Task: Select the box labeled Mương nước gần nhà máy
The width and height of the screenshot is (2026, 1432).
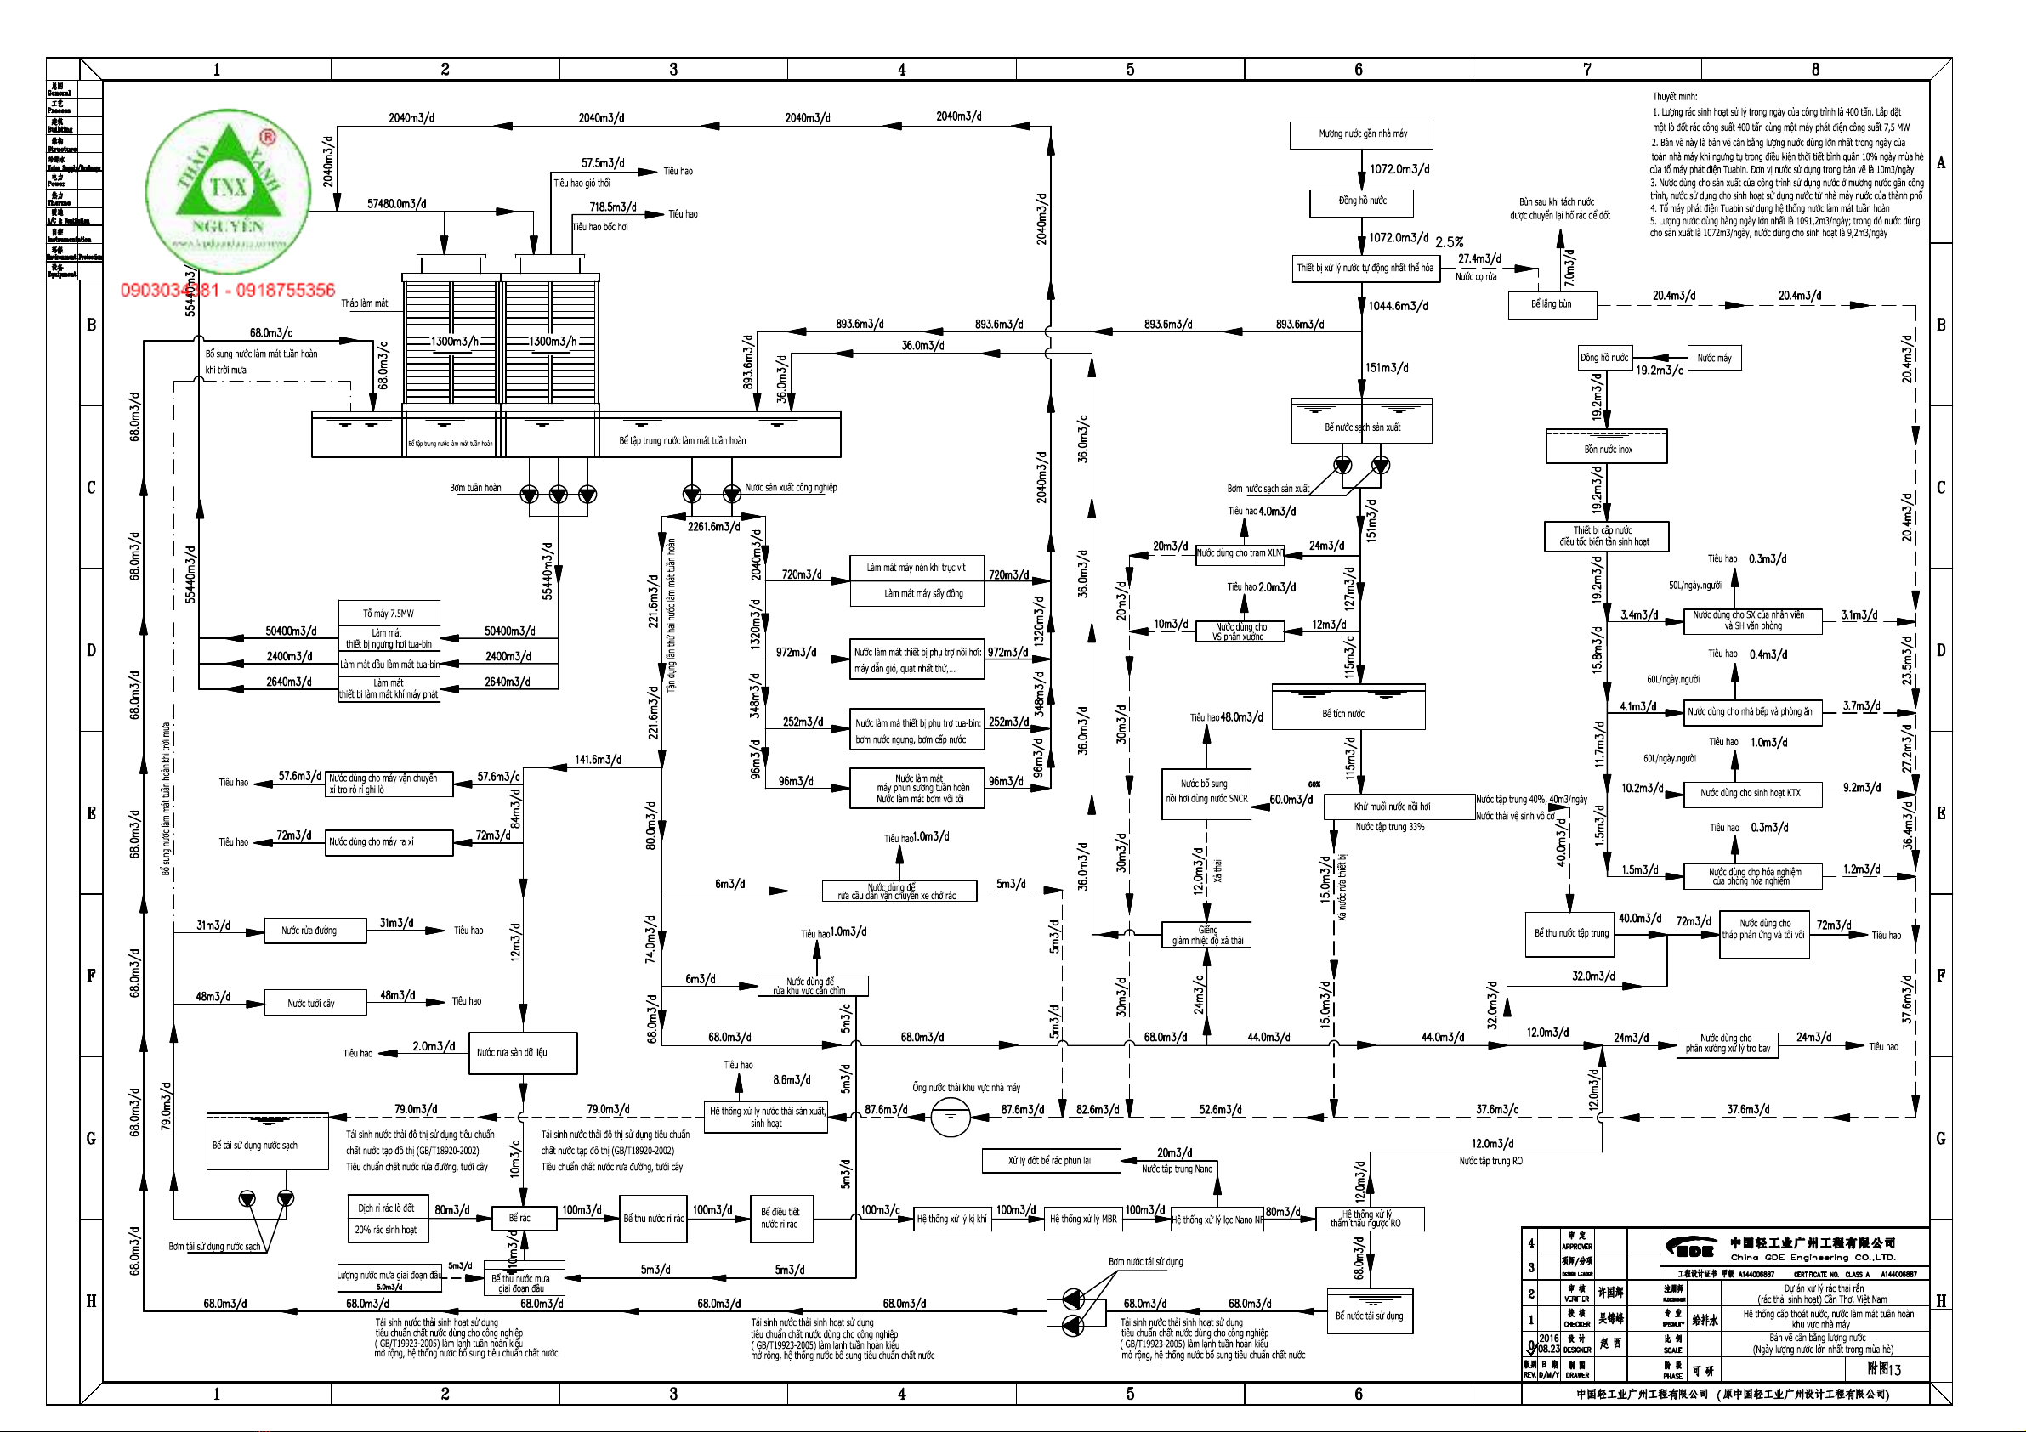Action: [1360, 134]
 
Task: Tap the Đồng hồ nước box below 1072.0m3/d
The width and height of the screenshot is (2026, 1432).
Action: [1361, 202]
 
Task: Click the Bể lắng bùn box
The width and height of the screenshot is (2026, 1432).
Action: [1552, 304]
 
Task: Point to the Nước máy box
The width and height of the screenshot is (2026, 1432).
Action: [1714, 359]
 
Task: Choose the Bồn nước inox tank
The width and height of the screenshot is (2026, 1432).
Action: [1606, 447]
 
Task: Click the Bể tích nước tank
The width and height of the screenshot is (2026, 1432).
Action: [1348, 709]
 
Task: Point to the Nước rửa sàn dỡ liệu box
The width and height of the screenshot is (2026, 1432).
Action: [521, 1053]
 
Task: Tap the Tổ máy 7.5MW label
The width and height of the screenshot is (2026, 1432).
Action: [389, 614]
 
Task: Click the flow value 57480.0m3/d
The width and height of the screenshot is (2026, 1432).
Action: [396, 204]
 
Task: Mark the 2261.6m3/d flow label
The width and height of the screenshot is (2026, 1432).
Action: [713, 527]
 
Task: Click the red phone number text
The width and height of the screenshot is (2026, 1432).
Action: [228, 291]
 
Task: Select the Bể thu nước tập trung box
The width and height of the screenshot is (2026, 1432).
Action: [1570, 933]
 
